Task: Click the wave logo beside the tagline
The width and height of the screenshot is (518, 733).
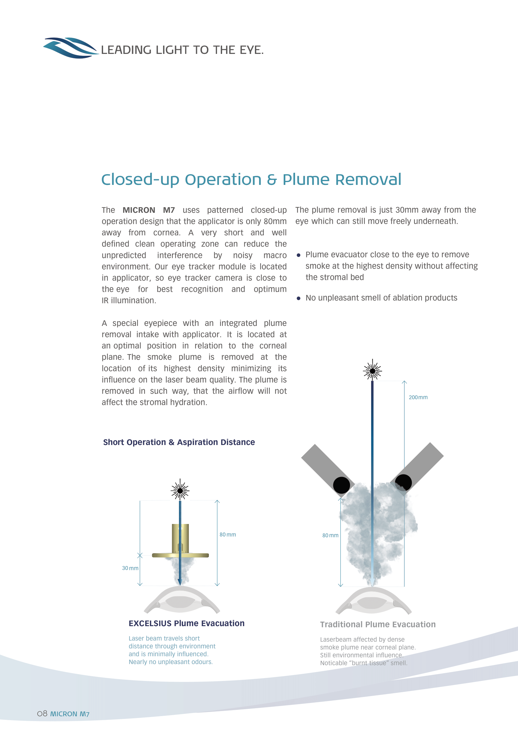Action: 70,48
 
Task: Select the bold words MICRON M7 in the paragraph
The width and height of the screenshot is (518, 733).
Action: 149,210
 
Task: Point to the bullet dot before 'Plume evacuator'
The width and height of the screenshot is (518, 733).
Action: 298,255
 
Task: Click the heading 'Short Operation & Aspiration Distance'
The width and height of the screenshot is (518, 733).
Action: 179,442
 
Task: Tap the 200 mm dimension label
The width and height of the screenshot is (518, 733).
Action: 418,397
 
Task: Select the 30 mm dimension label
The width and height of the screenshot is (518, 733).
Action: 130,568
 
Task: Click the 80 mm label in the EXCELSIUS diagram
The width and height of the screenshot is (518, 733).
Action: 227,535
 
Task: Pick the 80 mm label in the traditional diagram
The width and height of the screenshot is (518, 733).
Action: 330,535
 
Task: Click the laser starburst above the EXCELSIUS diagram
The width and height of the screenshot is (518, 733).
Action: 180,490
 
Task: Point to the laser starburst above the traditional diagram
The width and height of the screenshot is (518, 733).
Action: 372,371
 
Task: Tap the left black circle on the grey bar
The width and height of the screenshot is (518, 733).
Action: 341,485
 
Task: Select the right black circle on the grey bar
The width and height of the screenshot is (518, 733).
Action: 403,482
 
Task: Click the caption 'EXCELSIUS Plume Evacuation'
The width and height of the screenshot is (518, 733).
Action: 187,624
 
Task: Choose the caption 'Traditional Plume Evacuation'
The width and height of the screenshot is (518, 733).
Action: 378,625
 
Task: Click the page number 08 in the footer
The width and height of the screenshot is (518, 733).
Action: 42,714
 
